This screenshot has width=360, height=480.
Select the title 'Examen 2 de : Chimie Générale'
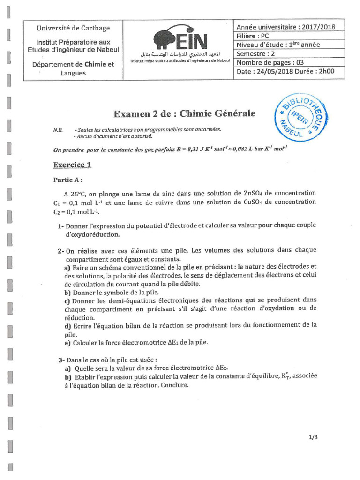pyautogui.click(x=184, y=114)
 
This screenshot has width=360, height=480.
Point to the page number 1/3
pyautogui.click(x=314, y=437)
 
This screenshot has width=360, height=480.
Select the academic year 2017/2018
pyautogui.click(x=319, y=27)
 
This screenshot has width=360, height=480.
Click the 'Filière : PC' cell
pyautogui.click(x=253, y=36)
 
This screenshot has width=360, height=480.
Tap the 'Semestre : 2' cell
pyautogui.click(x=256, y=54)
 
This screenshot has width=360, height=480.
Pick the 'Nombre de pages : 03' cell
pyautogui.click(x=270, y=63)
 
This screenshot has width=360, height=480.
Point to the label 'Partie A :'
pyautogui.click(x=68, y=180)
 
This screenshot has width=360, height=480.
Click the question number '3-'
pyautogui.click(x=61, y=360)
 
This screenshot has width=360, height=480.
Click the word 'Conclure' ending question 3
pyautogui.click(x=174, y=385)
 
